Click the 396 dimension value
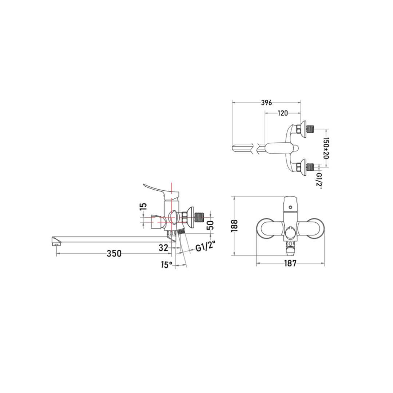point(266,103)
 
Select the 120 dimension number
point(282,113)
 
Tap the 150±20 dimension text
point(326,148)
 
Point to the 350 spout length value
point(114,253)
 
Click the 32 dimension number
point(163,248)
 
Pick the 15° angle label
point(167,265)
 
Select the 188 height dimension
point(234,226)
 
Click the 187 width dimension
point(290,263)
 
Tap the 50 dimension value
point(211,225)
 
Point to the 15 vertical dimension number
point(143,206)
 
